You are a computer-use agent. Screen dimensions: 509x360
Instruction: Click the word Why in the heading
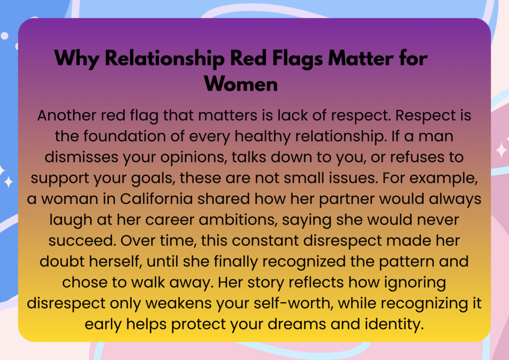(x=77, y=59)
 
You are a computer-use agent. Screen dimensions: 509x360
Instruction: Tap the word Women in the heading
(x=241, y=84)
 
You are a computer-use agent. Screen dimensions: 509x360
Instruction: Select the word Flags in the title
(x=297, y=59)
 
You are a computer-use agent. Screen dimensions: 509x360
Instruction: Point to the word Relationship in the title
(x=165, y=59)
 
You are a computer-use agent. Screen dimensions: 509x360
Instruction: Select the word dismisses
(x=81, y=157)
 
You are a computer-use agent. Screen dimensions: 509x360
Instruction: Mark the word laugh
(x=71, y=220)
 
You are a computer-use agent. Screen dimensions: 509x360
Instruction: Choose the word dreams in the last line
(x=297, y=324)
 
